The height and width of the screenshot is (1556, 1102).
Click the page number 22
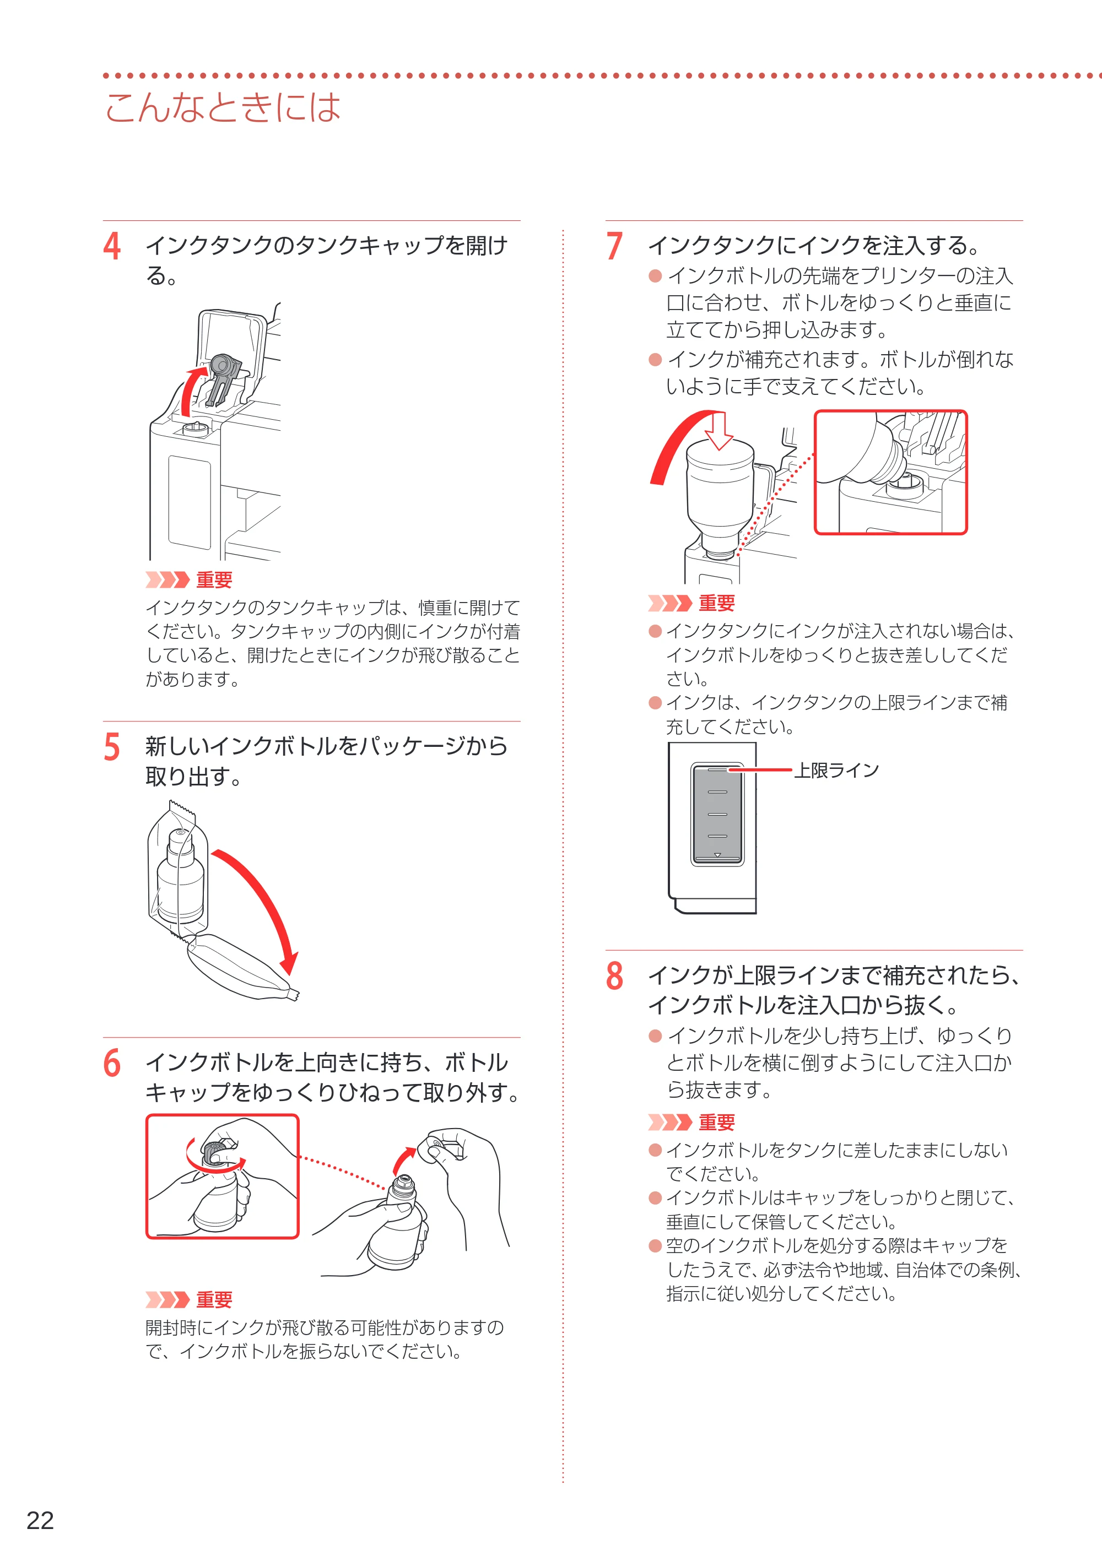pos(40,1520)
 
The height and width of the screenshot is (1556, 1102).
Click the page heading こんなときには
pos(223,107)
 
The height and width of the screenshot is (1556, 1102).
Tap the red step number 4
pos(112,246)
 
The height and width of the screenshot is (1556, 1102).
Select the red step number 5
pos(112,747)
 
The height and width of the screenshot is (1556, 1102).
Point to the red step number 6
pos(112,1063)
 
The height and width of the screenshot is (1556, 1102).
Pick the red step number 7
pos(615,246)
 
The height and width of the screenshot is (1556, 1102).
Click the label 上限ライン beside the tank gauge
pos(836,770)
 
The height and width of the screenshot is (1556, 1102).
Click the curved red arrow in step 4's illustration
pos(190,390)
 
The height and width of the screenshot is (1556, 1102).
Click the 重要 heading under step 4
pos(214,580)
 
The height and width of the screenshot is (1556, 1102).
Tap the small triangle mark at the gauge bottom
pos(717,855)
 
